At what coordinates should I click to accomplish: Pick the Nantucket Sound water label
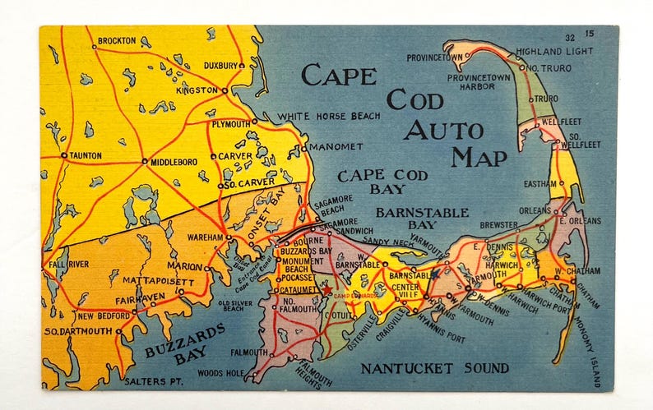click(434, 368)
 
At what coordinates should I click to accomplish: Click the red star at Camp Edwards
click(327, 291)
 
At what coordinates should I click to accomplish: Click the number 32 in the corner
click(569, 37)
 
